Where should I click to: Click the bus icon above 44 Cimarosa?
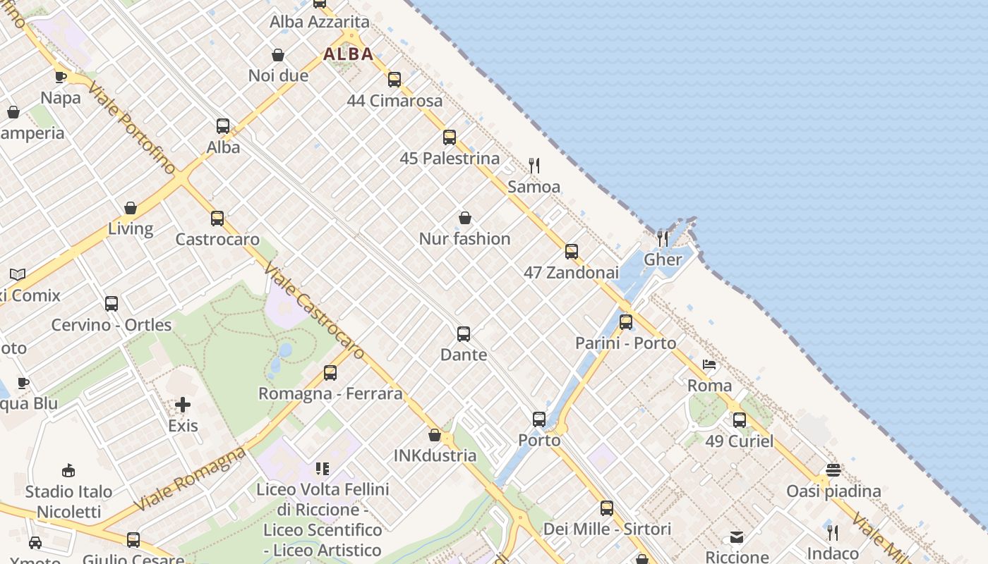coord(394,80)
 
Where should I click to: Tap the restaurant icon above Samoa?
coord(534,166)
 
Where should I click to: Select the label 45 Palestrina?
coord(450,159)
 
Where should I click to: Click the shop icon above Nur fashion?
coord(464,218)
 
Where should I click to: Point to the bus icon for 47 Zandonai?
coord(572,252)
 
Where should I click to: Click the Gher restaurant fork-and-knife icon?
coord(663,238)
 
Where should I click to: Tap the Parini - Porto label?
coord(625,343)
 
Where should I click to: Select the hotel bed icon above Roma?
coord(709,364)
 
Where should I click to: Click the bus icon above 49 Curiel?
coord(739,420)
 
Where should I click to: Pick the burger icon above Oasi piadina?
coord(833,470)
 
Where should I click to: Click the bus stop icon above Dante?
coord(464,333)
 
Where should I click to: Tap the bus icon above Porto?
coord(539,419)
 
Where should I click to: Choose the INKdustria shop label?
coord(435,455)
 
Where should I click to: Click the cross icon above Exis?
coord(183,405)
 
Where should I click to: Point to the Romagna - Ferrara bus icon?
coord(330,373)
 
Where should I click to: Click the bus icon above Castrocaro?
coord(217,219)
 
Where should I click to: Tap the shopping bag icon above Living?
coord(131,208)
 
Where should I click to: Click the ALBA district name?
coord(349,54)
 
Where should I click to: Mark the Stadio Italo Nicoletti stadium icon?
coord(68,470)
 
